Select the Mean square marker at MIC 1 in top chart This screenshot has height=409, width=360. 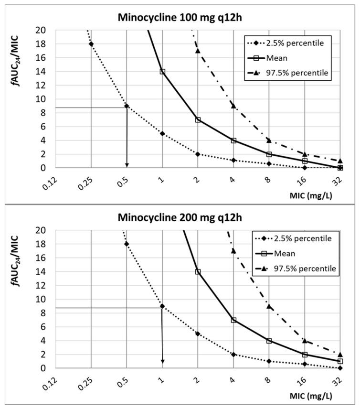[162, 72]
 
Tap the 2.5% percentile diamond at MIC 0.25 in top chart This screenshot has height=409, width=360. [91, 44]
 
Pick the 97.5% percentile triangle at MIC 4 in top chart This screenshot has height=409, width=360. [233, 106]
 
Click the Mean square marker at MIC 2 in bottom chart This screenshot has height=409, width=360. [198, 272]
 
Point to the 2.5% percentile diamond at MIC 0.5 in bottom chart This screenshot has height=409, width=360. [127, 244]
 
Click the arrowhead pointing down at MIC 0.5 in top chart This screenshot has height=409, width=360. [127, 164]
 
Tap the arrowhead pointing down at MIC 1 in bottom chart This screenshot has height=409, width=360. [162, 361]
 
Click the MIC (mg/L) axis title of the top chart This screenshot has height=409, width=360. [327, 195]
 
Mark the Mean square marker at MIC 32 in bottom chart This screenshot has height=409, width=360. [340, 361]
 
